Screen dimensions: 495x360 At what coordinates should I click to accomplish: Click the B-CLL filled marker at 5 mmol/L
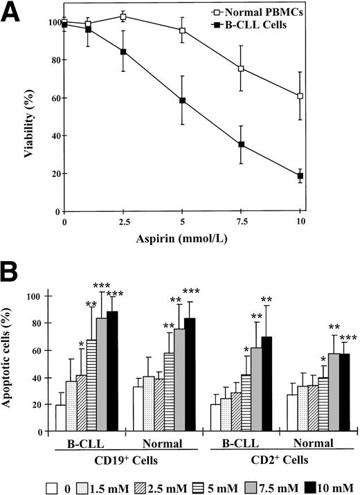point(182,100)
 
